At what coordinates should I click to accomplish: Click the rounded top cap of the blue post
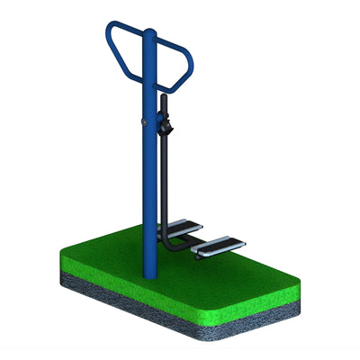pyautogui.click(x=149, y=34)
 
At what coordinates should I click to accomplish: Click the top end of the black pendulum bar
pyautogui.click(x=163, y=97)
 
